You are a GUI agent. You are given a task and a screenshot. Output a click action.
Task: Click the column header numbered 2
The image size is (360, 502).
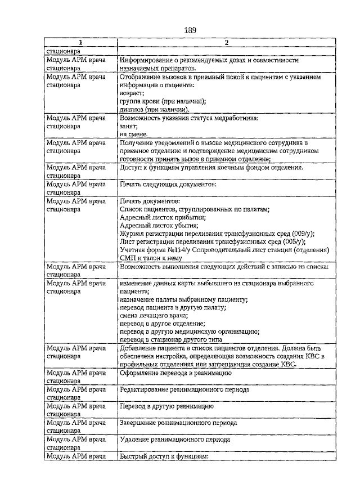226,43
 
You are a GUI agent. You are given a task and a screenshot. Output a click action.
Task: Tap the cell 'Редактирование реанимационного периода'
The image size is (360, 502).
185,390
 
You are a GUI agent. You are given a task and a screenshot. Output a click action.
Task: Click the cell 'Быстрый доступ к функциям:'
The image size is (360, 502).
164,456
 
